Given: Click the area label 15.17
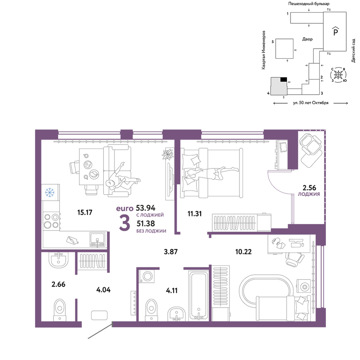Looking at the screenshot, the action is (85, 212).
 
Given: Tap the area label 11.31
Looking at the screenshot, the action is (194, 214).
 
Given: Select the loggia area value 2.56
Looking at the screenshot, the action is (309, 188).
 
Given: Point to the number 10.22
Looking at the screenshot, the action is (243, 252).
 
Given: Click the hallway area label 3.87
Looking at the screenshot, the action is (171, 252).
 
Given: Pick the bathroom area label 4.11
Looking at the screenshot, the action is (171, 291).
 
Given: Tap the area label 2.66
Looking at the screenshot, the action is (58, 284).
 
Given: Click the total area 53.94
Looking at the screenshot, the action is (145, 208).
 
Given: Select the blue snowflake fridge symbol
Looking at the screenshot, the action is (50, 192).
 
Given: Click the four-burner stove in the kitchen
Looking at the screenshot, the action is (51, 221).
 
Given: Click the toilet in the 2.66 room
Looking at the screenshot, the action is (60, 310).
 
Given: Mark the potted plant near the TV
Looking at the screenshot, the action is (168, 154).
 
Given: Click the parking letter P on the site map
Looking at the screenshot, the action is (336, 32).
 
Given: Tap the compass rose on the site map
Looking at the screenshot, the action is (338, 75).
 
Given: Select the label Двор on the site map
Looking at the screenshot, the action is (307, 39).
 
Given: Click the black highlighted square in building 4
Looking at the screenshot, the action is (284, 80).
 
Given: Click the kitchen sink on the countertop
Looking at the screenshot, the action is (98, 239).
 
